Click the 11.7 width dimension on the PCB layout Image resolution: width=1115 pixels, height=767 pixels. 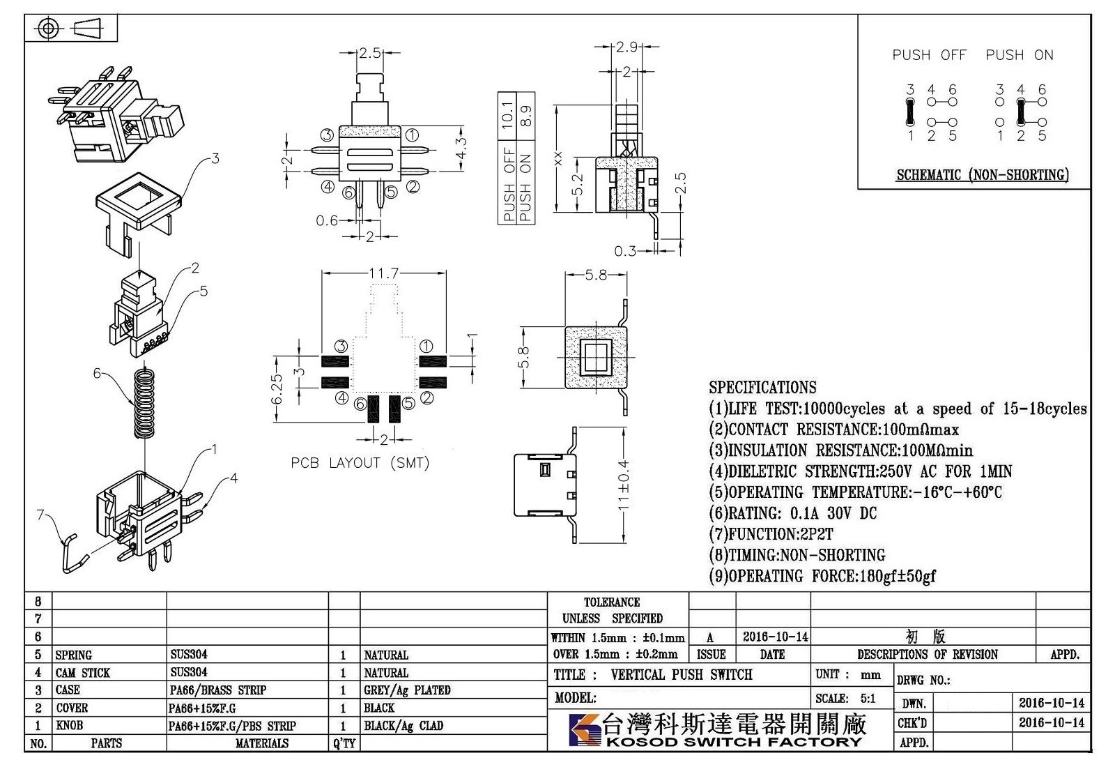(x=383, y=273)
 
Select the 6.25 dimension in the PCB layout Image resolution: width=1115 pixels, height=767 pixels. (x=277, y=390)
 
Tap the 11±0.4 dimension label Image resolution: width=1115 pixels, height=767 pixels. (x=623, y=485)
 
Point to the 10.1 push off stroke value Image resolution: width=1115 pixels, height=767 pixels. (x=507, y=114)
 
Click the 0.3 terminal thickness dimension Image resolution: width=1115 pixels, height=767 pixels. (x=624, y=251)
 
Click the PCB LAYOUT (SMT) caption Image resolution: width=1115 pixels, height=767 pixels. (x=360, y=463)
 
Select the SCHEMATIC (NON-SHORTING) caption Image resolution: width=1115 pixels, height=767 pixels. (x=983, y=175)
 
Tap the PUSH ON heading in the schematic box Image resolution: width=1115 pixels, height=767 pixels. (x=1020, y=55)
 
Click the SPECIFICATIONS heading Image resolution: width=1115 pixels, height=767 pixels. (x=762, y=387)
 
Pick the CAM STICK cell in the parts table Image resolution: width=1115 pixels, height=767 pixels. (x=83, y=673)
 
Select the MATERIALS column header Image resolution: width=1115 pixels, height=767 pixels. (x=262, y=743)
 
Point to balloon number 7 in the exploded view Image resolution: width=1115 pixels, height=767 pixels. (x=41, y=515)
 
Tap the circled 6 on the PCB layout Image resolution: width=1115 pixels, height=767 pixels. (x=360, y=404)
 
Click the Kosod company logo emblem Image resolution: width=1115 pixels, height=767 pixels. (x=585, y=730)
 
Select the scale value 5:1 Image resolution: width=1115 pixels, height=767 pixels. (x=868, y=699)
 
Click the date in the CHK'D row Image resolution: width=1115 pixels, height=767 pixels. (x=1052, y=722)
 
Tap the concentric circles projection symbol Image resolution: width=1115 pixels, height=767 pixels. (x=48, y=29)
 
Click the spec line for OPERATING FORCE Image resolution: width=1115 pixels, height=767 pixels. (x=822, y=576)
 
